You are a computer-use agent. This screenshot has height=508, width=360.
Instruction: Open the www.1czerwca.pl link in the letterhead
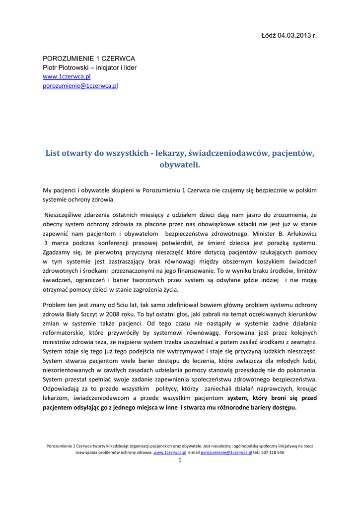pyautogui.click(x=67, y=77)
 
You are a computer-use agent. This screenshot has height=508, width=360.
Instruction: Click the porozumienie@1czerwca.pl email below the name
pyautogui.click(x=80, y=86)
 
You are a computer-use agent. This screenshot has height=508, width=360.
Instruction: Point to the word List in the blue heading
pyautogui.click(x=53, y=153)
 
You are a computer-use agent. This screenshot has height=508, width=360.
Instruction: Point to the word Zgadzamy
pyautogui.click(x=56, y=252)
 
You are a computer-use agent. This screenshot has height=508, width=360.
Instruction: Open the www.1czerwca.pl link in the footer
pyautogui.click(x=170, y=452)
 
